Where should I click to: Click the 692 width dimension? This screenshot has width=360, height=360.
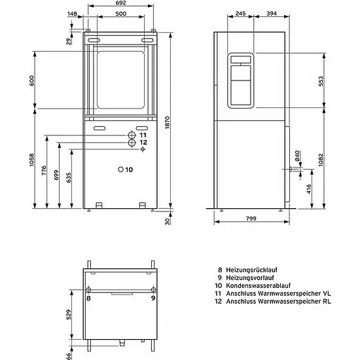[121, 3]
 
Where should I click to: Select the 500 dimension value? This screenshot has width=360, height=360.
[121, 14]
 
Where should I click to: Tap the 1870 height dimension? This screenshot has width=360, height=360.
[168, 122]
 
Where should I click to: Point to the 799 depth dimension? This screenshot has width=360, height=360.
[251, 219]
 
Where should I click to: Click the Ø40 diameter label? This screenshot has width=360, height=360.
[297, 155]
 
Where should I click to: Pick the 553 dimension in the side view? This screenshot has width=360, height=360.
[321, 81]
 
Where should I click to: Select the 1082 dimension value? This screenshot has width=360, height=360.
[321, 160]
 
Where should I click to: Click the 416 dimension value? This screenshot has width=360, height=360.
[309, 189]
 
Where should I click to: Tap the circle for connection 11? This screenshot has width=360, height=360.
[132, 135]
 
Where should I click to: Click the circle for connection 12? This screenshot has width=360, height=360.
[132, 143]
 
